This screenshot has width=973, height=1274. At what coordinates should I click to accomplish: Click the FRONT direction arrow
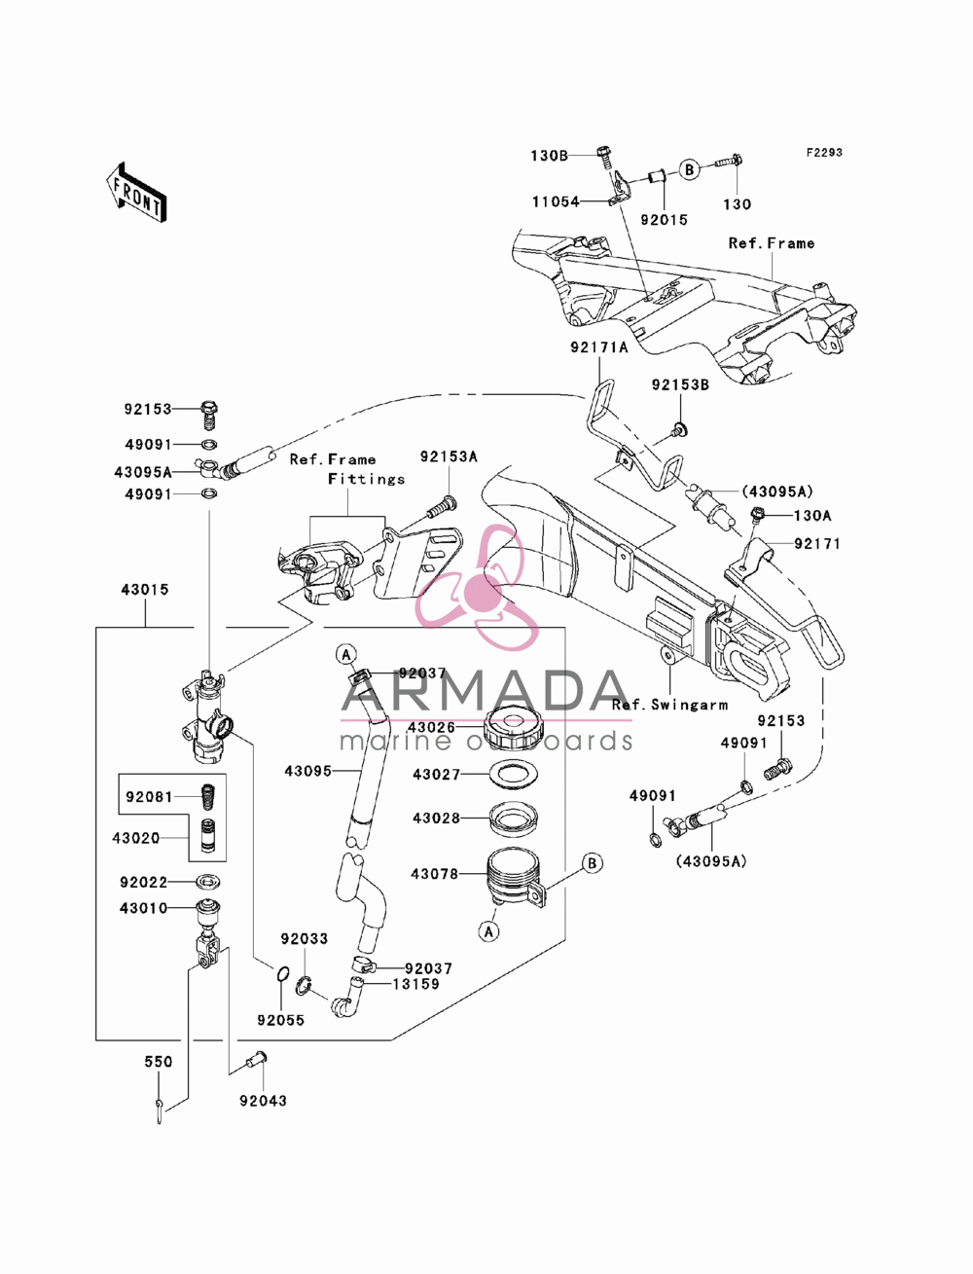pos(136,192)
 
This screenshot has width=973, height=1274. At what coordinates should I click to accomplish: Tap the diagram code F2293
pos(824,153)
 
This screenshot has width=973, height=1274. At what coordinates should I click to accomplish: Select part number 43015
pos(145,590)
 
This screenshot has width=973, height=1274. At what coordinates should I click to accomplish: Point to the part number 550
pos(159,1062)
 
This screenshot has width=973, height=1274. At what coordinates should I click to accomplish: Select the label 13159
pos(416,984)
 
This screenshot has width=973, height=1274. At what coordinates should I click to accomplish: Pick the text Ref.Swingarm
pos(670,706)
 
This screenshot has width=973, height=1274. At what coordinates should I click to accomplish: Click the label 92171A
pos(599,347)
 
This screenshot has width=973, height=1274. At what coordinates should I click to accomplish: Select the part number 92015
pos(664,220)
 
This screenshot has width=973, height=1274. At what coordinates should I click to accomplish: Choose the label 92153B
pos(680,385)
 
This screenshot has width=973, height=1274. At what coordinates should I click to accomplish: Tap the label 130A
pos(812,516)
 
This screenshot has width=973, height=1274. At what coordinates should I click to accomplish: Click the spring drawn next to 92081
pos(207,796)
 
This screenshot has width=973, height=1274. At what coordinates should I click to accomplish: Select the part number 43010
pos(143,908)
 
